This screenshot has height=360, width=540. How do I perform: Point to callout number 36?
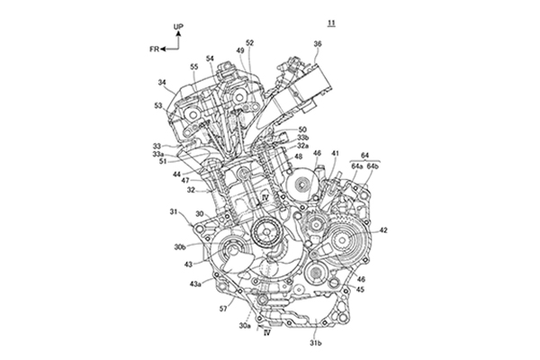click(x=317, y=43)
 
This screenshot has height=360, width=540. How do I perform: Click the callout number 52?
click(x=249, y=42)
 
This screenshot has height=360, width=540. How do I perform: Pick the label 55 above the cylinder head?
click(x=194, y=67)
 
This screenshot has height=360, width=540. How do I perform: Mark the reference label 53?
click(x=159, y=105)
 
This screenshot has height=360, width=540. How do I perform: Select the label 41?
click(x=335, y=155)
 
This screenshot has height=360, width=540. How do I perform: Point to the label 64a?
click(x=356, y=166)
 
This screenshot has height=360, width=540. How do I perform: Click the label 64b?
click(x=373, y=166)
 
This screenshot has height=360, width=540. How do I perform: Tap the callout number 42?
click(x=383, y=230)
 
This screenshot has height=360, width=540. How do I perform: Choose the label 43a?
click(x=195, y=284)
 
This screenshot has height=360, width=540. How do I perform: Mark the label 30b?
click(x=180, y=246)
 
